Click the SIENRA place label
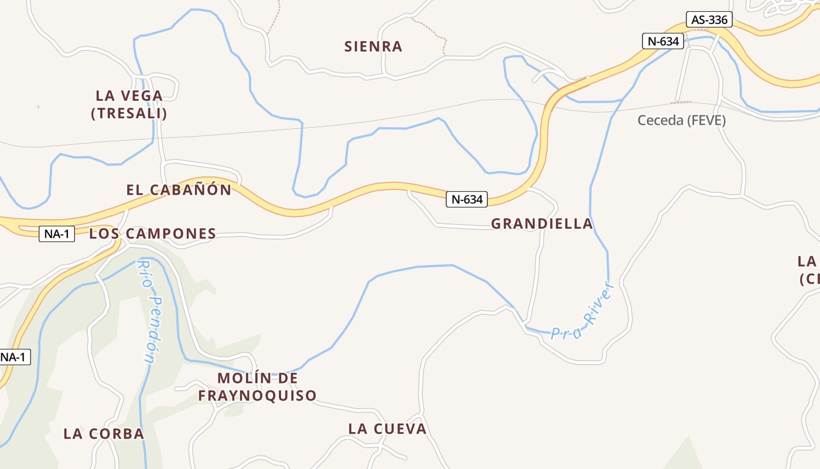pos(373,46)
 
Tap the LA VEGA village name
pos(129,96)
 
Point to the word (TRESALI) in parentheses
pos(129,113)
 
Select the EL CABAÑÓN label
pos(179,190)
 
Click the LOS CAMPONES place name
pos(152,234)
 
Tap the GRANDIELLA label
pos(542,224)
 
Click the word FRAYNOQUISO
pos(257,396)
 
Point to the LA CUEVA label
pos(387,429)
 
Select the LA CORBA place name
pos(104,434)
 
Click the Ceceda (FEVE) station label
pos(681,120)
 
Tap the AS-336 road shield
pos(709,20)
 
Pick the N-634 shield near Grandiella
pos(467,199)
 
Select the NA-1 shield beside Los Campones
pos(57,235)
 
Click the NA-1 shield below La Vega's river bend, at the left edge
pos(14,356)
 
